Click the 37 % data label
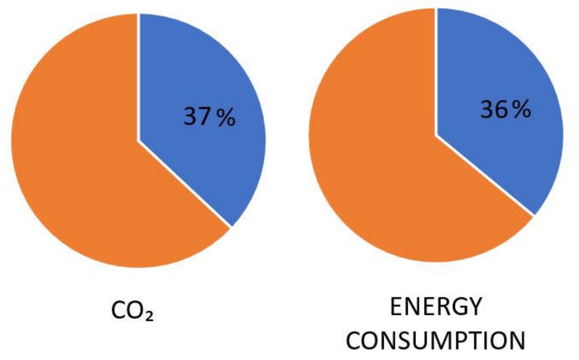click(x=209, y=117)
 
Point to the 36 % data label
click(x=506, y=110)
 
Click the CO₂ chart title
click(x=132, y=310)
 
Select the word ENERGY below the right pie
click(x=435, y=306)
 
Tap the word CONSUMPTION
click(x=435, y=340)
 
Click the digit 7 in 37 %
click(x=205, y=117)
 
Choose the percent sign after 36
click(x=521, y=110)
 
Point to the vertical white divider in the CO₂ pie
click(x=139, y=75)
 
